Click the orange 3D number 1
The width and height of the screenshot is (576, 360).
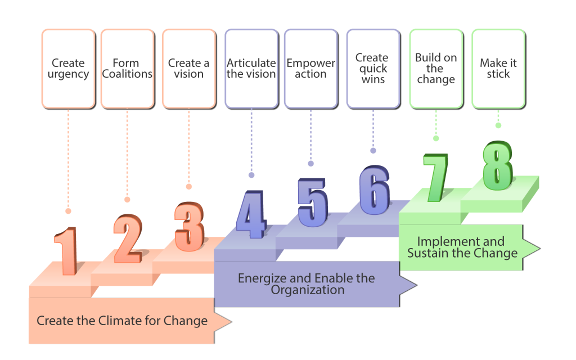tap(67, 251)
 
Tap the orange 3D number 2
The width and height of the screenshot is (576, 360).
tap(128, 238)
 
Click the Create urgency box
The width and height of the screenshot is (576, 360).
tap(68, 69)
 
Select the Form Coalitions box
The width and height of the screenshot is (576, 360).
tap(127, 69)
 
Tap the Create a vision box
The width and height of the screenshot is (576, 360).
tap(189, 69)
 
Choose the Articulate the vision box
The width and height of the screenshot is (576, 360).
tap(251, 69)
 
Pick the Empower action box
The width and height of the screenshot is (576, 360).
tap(310, 69)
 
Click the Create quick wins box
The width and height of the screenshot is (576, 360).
tap(372, 69)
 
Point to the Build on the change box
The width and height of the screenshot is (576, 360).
tap(436, 69)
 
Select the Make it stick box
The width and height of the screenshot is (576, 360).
tap(498, 69)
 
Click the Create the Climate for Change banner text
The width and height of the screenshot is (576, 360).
tap(122, 321)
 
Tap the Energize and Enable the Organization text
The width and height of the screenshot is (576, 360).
tap(307, 284)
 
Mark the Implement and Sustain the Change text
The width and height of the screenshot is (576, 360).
tap(462, 247)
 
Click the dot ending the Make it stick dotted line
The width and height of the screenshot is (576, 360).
tap(498, 125)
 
